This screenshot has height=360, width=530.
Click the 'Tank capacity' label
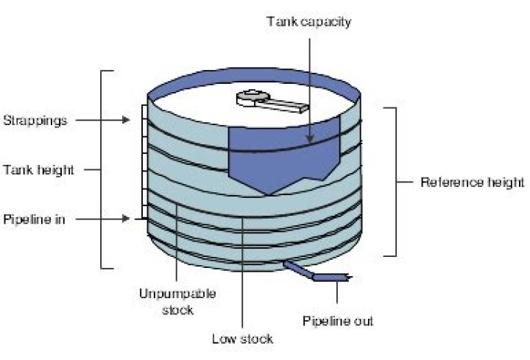308,21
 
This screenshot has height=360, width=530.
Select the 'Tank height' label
38,169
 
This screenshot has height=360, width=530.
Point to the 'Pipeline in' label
34,219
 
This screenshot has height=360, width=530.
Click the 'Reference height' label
472,182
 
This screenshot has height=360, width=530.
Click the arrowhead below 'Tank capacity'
311,138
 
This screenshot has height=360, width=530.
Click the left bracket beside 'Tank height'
103,169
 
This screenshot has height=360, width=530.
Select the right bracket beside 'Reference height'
395,181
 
